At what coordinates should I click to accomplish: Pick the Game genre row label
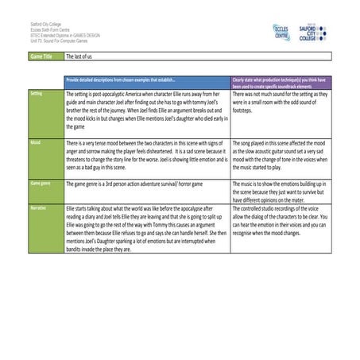pyautogui.click(x=39, y=183)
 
